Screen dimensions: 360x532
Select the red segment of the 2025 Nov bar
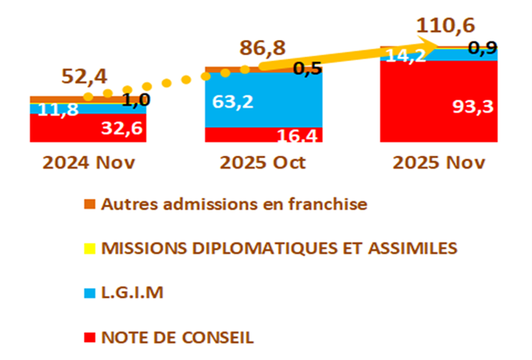coord(422,110)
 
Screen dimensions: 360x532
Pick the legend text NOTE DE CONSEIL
coord(178,338)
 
